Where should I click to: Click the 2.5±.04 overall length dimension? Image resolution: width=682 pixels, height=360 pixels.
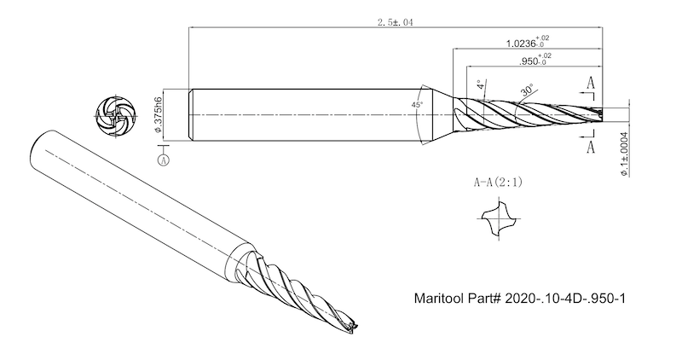click(395, 23)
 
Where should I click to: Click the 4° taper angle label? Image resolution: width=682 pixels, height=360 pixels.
click(481, 85)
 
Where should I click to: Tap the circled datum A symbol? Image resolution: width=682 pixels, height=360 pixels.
click(163, 159)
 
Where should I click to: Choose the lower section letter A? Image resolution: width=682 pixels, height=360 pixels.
click(591, 146)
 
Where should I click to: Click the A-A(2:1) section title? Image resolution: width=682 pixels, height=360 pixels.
click(499, 182)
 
